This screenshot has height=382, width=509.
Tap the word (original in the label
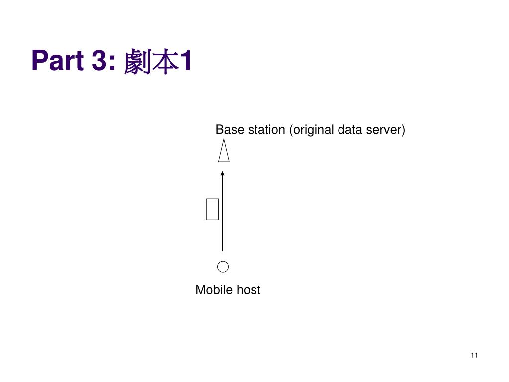coord(312,130)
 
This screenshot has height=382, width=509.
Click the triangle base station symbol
coord(224,152)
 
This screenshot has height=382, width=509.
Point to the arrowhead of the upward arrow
coord(222,173)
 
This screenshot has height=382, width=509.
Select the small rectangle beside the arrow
coord(213,208)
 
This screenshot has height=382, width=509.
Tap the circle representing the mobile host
coord(223,267)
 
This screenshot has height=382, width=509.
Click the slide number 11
coord(474,355)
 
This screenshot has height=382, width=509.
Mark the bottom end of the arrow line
coord(222,250)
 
